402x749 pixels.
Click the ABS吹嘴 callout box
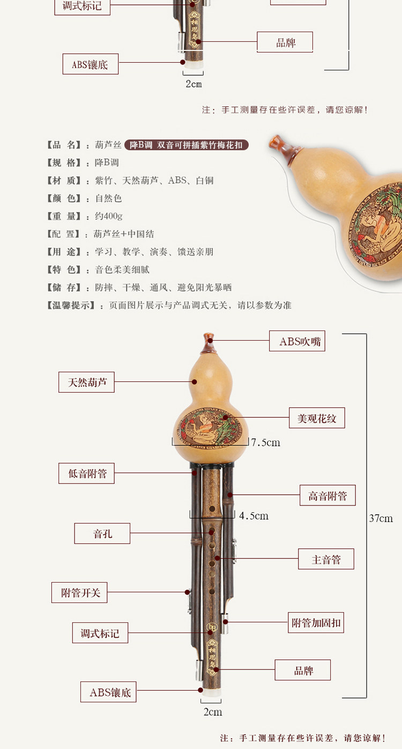pos(297,341)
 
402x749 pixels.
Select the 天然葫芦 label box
pos(86,383)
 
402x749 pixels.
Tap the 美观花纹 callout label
pos(317,418)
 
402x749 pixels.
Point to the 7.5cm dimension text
pos(266,443)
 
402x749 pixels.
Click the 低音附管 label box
pos(86,474)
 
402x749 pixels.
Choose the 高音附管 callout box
pos(327,496)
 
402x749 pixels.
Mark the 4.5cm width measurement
pos(254,516)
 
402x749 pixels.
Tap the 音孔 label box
pos(102,534)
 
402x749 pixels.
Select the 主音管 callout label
pos(326,560)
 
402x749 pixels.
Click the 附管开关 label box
pos(80,593)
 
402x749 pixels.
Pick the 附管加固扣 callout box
pos(316,623)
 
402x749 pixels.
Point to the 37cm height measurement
pos(381,518)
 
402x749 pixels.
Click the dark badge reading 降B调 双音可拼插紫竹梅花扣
pos(187,145)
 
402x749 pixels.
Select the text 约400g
pos(109,216)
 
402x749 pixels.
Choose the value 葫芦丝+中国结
pos(124,234)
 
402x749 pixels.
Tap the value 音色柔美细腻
pos(122,270)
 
